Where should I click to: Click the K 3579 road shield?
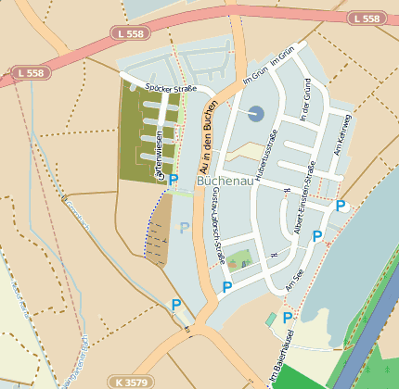point(133,381)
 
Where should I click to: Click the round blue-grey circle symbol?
point(256,113)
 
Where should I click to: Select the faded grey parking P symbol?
point(185,227)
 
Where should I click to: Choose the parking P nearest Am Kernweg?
point(341,206)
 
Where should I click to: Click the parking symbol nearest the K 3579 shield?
point(175,304)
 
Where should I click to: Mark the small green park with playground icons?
point(239,257)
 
